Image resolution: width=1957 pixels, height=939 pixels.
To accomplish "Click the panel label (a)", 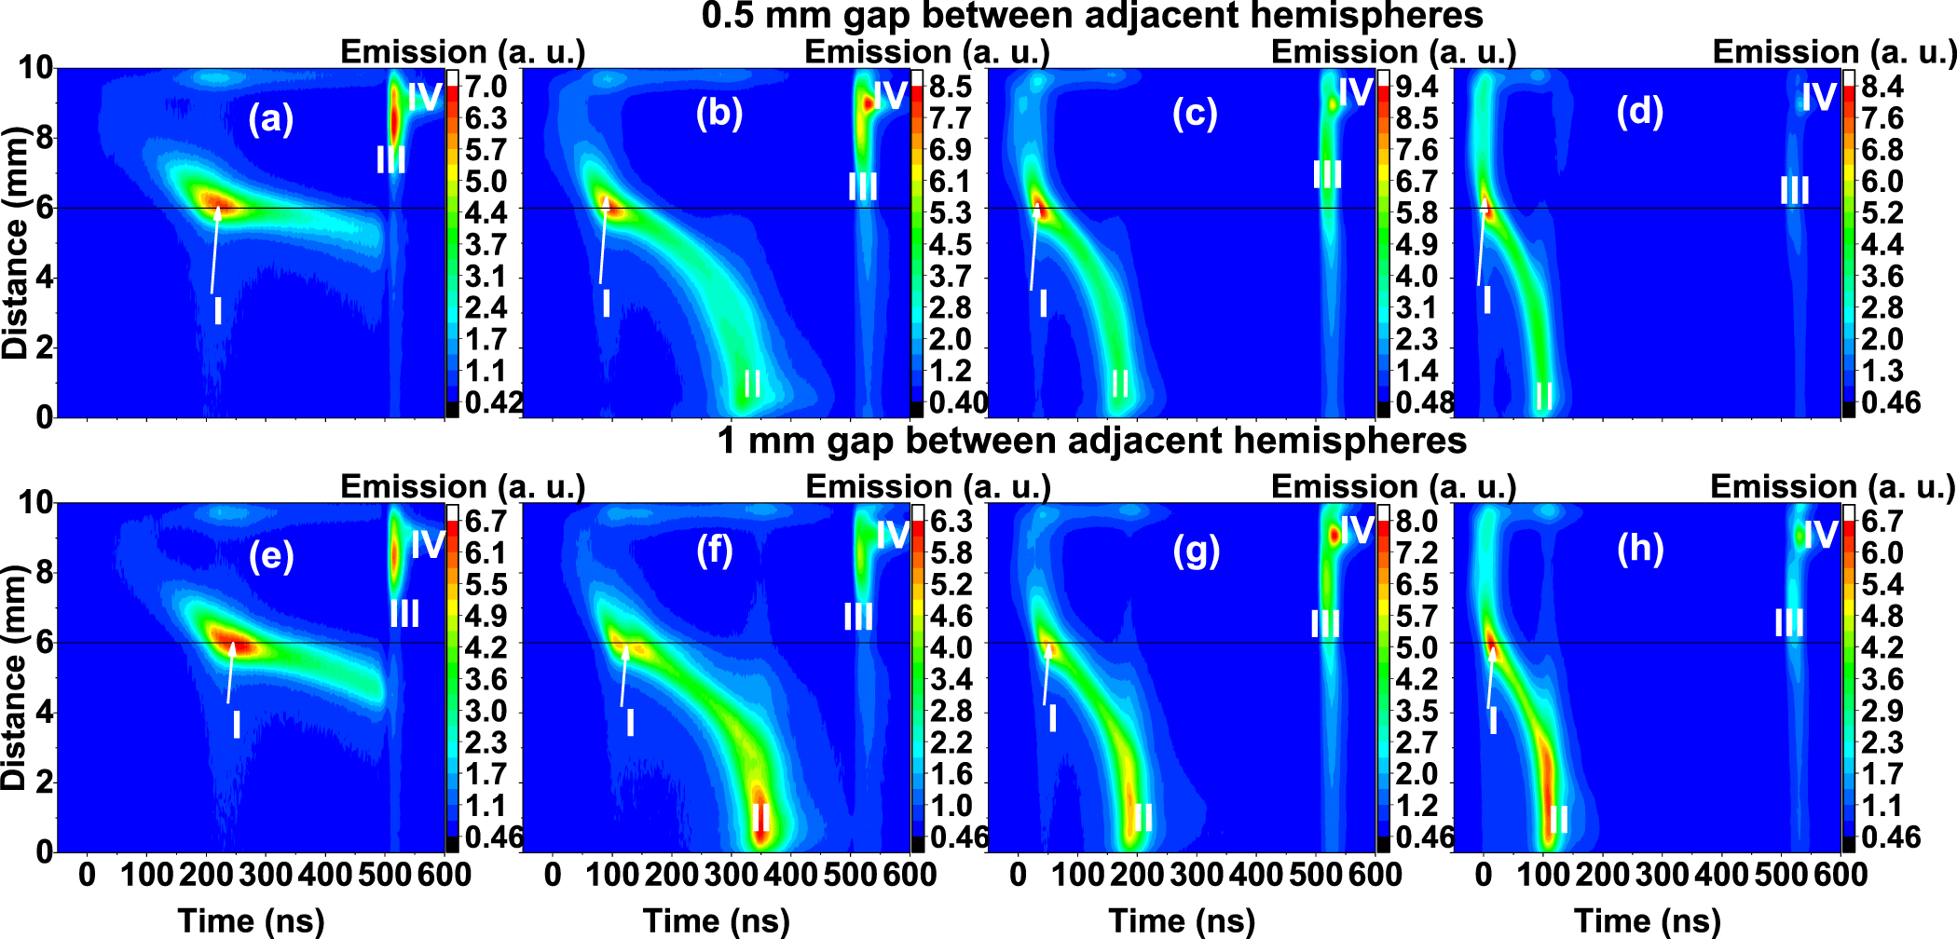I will tap(270, 119).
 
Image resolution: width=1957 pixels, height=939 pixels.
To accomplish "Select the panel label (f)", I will tap(715, 551).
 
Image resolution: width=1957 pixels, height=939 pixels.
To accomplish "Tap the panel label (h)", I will tap(1640, 549).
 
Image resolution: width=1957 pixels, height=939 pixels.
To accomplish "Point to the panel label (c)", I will tap(1196, 113).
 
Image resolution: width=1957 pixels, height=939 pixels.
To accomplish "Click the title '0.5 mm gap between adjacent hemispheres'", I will tap(1091, 16).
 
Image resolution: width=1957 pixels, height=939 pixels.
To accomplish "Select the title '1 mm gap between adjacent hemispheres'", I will tap(1091, 441).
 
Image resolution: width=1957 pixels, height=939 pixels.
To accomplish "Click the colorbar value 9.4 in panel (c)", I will tap(1416, 87).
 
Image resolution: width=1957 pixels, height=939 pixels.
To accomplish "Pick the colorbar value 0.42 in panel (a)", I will tap(493, 402).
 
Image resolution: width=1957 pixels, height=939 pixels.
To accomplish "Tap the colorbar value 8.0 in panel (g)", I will tap(1416, 522).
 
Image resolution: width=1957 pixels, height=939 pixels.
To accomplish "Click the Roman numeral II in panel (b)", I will tap(752, 384).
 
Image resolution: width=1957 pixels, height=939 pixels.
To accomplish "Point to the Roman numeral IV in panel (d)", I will tap(1818, 97).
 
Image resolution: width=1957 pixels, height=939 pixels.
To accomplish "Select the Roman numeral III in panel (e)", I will tap(404, 614).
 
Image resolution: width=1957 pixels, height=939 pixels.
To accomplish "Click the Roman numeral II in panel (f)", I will tap(760, 817).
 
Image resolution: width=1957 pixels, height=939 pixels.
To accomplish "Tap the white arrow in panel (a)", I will tap(215, 247).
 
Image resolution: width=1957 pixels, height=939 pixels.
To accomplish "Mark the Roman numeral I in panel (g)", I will tap(1053, 718).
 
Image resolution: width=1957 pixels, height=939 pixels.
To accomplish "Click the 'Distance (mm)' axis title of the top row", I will tap(16, 244).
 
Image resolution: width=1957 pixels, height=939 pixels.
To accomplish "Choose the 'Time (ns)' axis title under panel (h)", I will tap(1647, 920).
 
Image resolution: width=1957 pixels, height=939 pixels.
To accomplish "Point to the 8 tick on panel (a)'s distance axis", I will tap(44, 139).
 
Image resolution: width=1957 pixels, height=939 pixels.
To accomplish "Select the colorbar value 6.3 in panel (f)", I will tap(951, 522).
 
